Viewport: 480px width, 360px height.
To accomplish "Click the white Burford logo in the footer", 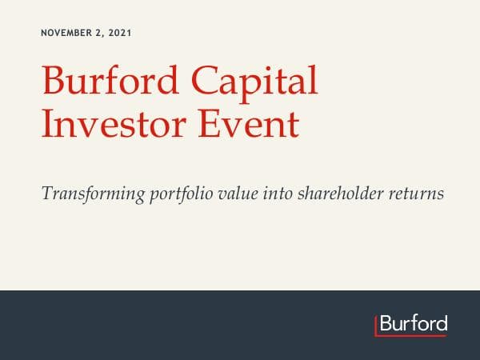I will (x=413, y=324).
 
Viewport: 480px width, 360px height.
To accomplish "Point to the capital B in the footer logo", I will (x=385, y=324).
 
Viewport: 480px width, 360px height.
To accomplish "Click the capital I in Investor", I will (x=46, y=125).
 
